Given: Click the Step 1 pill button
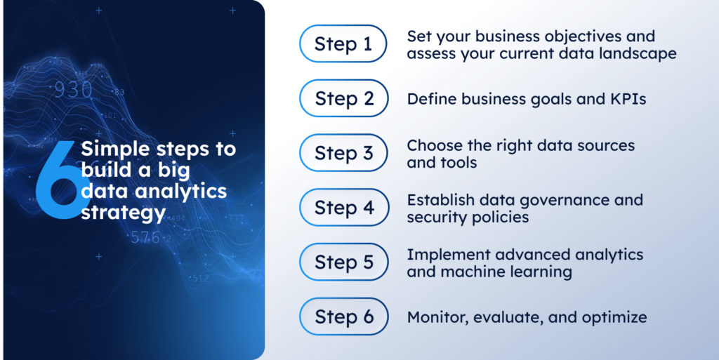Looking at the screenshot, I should (343, 44).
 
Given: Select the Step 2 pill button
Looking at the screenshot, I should (343, 98).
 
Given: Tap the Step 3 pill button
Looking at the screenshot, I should (343, 153).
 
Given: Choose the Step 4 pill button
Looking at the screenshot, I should (343, 207).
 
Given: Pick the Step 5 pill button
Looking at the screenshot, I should (343, 262).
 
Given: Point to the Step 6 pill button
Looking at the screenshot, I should (343, 316).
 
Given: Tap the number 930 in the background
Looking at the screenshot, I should (74, 91).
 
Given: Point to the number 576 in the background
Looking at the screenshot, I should (145, 237).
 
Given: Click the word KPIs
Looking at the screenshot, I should (626, 99).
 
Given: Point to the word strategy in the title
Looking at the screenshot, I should (122, 211).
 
